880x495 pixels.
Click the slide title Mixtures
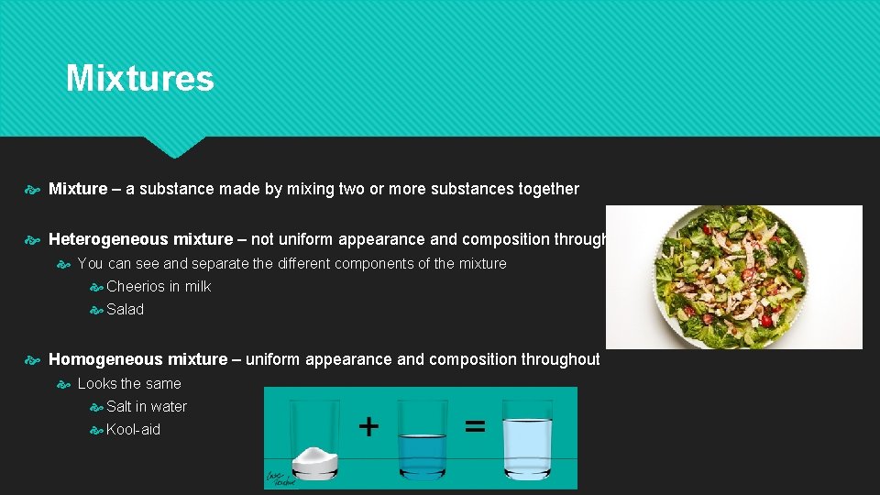point(139,79)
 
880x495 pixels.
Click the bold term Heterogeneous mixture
point(140,239)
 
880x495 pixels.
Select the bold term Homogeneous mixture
point(137,359)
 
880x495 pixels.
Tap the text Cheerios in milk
point(159,286)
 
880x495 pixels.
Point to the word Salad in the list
point(125,309)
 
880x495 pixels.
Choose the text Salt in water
point(147,406)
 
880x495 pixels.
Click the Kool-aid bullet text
point(133,429)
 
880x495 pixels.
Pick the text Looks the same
point(129,383)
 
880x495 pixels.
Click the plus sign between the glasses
point(368,426)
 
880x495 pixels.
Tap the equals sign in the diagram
point(475,426)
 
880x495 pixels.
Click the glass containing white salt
point(315,440)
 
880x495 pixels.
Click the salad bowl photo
point(733,277)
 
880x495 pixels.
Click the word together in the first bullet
point(548,189)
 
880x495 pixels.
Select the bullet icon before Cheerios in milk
point(96,287)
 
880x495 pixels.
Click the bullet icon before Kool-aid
point(96,430)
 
